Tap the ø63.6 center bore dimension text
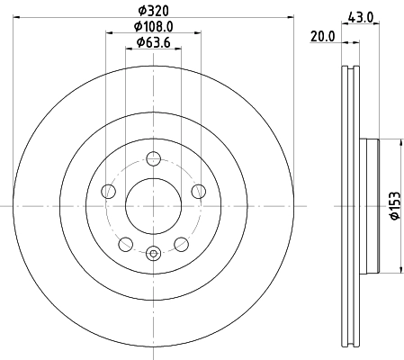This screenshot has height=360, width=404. pyautogui.click(x=154, y=43)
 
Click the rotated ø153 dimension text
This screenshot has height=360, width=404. pyautogui.click(x=393, y=207)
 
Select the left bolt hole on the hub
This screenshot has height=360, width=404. pyautogui.click(x=109, y=191)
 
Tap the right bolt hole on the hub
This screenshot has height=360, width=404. pyautogui.click(x=199, y=191)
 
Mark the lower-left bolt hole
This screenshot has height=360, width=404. pyautogui.click(x=126, y=243)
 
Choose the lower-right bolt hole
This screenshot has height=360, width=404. pyautogui.click(x=182, y=243)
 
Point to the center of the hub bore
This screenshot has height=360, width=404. pyautogui.click(x=154, y=206)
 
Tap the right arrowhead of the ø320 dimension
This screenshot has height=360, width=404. pyautogui.click(x=290, y=16)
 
